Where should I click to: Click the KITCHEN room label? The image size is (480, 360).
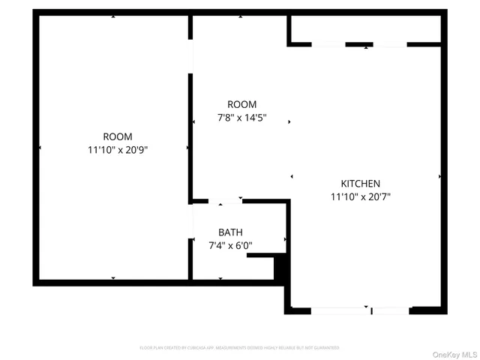pyautogui.click(x=361, y=184)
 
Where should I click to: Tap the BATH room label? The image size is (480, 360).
pyautogui.click(x=230, y=232)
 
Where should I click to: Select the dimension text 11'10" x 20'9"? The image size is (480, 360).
pyautogui.click(x=117, y=150)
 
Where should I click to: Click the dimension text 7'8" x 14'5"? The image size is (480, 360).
pyautogui.click(x=242, y=118)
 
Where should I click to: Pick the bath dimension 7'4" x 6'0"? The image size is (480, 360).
pyautogui.click(x=230, y=245)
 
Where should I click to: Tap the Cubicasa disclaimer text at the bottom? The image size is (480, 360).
pyautogui.click(x=239, y=348)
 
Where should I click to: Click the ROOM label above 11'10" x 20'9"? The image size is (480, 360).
pyautogui.click(x=118, y=136)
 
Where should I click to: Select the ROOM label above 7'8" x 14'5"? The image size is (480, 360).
pyautogui.click(x=242, y=104)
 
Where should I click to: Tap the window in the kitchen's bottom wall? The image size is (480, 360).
pyautogui.click(x=360, y=310)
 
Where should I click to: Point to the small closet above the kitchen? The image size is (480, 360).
pyautogui.click(x=365, y=28)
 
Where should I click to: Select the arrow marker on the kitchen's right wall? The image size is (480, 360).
pyautogui.click(x=439, y=176)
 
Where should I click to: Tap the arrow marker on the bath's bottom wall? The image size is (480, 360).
pyautogui.click(x=220, y=279)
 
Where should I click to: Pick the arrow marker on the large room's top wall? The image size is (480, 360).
pyautogui.click(x=113, y=16)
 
